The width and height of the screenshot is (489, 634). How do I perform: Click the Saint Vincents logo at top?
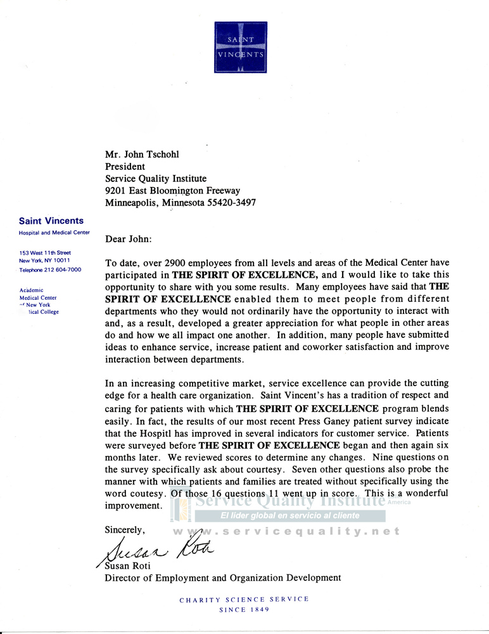241,48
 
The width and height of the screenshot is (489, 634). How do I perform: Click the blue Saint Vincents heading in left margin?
51,221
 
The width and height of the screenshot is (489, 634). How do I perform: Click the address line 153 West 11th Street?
45,252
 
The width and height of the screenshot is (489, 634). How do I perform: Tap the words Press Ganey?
313,421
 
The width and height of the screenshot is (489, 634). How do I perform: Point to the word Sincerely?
125,529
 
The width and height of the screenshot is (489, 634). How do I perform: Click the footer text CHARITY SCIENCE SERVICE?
244,599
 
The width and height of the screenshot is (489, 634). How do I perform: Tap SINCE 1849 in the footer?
244,610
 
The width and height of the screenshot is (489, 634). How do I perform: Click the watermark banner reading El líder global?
290,515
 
